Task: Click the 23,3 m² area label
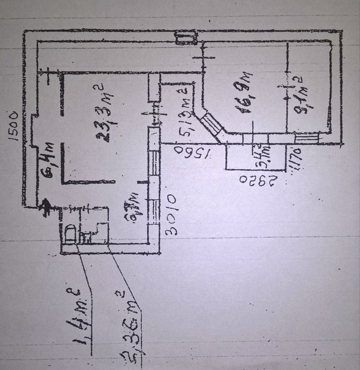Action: [x=107, y=112]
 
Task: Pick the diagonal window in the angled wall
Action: [x=211, y=125]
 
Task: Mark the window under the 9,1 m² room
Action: [x=307, y=138]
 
